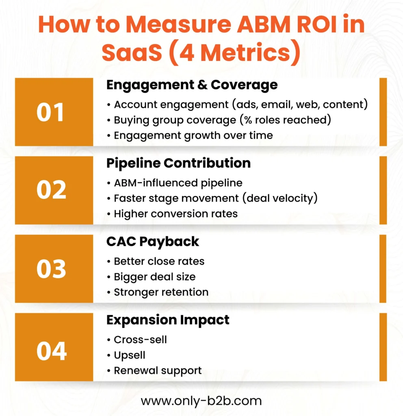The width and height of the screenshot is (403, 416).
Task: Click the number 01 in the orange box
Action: [x=51, y=113]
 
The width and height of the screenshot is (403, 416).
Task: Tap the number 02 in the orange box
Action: [x=51, y=191]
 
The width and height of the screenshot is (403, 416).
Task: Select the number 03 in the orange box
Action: [x=51, y=269]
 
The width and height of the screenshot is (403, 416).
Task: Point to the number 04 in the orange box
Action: [x=51, y=351]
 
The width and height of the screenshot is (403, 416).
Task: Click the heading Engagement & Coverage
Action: [x=192, y=85]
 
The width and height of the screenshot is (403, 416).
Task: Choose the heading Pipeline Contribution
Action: [x=178, y=163]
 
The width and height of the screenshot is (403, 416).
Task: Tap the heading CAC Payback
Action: [x=153, y=241]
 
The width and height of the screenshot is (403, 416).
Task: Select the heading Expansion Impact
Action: [x=168, y=320]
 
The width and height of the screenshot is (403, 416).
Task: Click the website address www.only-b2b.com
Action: [x=201, y=401]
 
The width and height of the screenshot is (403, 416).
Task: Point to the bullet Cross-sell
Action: [x=140, y=339]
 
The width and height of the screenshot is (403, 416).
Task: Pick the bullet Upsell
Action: [x=130, y=355]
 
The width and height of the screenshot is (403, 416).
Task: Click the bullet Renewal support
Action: [x=158, y=370]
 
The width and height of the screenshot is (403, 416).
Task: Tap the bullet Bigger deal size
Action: [x=154, y=277]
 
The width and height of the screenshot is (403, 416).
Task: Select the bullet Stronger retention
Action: [x=161, y=292]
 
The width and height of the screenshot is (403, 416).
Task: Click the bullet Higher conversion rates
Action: [x=175, y=213]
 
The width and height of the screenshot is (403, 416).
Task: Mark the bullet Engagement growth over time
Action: [x=193, y=135]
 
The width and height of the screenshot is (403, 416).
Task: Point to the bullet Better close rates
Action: [x=159, y=261]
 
